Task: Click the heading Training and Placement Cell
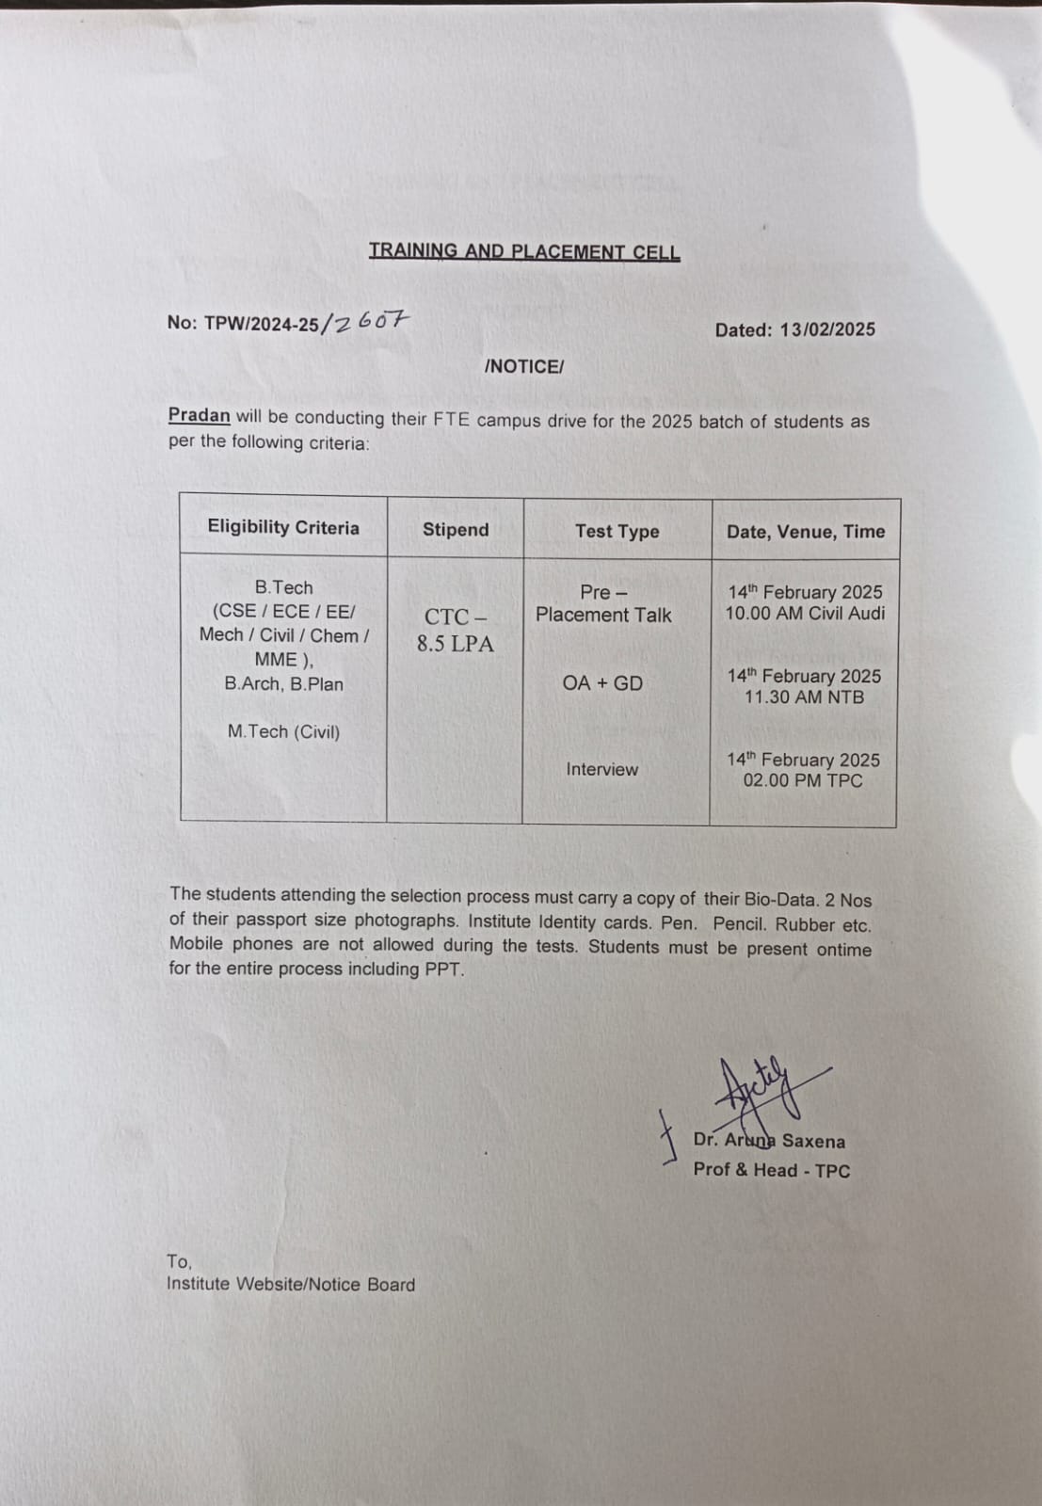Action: click(x=524, y=251)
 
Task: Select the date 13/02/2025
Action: click(x=827, y=329)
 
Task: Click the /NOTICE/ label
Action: click(x=523, y=367)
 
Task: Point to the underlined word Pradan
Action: click(x=199, y=416)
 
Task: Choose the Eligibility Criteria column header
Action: click(x=283, y=527)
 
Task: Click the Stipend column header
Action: click(x=456, y=530)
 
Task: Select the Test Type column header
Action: click(x=617, y=531)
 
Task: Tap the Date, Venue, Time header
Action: click(x=806, y=532)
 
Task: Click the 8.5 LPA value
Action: click(x=456, y=644)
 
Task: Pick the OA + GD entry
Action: click(x=602, y=683)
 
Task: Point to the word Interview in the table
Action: click(x=602, y=770)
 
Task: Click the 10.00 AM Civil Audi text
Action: click(x=805, y=614)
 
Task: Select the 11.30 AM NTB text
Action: click(x=804, y=697)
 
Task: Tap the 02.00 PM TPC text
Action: click(x=803, y=780)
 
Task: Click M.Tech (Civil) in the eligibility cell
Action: click(x=283, y=731)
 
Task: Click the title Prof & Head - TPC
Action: click(x=772, y=1171)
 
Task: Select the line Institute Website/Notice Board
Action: click(x=291, y=1285)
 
